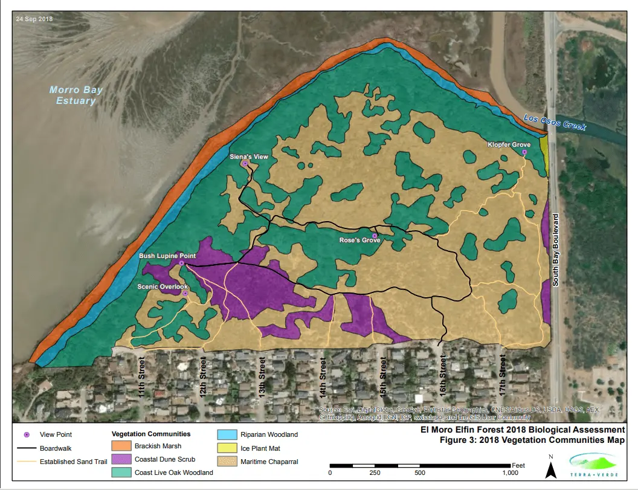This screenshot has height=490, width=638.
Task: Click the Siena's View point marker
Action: click(x=245, y=163)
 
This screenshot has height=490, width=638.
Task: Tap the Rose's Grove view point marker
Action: click(x=375, y=236)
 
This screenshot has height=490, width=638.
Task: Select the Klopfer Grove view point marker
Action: click(x=524, y=152)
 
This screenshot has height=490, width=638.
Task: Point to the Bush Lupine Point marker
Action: click(x=181, y=263)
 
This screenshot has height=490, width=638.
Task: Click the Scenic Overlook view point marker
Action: click(x=185, y=293)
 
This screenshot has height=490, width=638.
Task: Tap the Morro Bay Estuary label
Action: click(x=76, y=95)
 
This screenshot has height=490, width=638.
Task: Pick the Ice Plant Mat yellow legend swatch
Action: click(x=226, y=448)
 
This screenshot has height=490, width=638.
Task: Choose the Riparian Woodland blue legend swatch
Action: click(x=226, y=434)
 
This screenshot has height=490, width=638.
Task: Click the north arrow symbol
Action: click(x=550, y=468)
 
